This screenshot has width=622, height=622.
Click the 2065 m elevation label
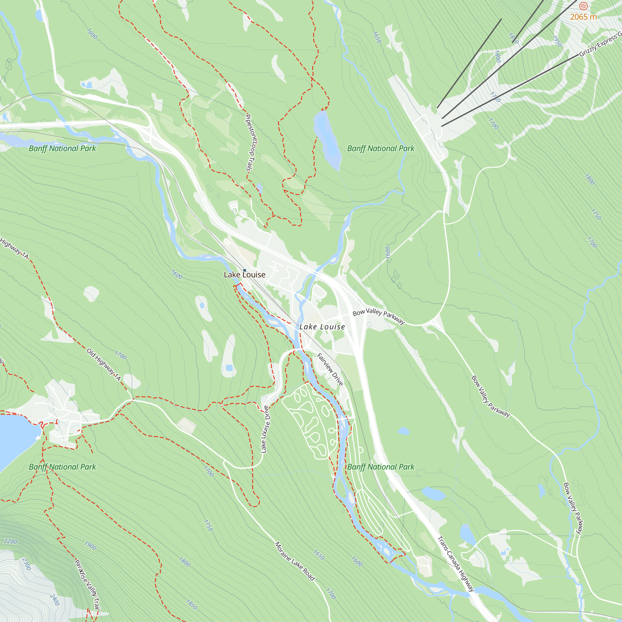[x=583, y=17]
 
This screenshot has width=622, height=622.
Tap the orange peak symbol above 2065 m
[x=583, y=6]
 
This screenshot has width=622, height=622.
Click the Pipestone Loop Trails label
[x=250, y=142]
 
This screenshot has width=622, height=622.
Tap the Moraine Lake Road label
[x=294, y=561]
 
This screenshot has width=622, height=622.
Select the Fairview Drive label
[x=330, y=369]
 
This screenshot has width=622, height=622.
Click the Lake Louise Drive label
[x=265, y=429]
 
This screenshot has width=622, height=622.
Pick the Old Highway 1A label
[x=103, y=364]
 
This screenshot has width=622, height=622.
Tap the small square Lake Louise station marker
[x=244, y=271]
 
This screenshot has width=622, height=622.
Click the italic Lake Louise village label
[x=322, y=327]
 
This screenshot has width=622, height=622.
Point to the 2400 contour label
[x=55, y=600]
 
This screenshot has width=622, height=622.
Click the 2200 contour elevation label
[x=10, y=542]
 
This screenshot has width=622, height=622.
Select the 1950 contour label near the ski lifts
[x=557, y=41]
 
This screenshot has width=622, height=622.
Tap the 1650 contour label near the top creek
[x=377, y=37]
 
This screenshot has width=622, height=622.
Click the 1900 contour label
[x=90, y=546]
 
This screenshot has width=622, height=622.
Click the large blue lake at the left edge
[x=15, y=438]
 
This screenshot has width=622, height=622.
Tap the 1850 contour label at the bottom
[x=191, y=604]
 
